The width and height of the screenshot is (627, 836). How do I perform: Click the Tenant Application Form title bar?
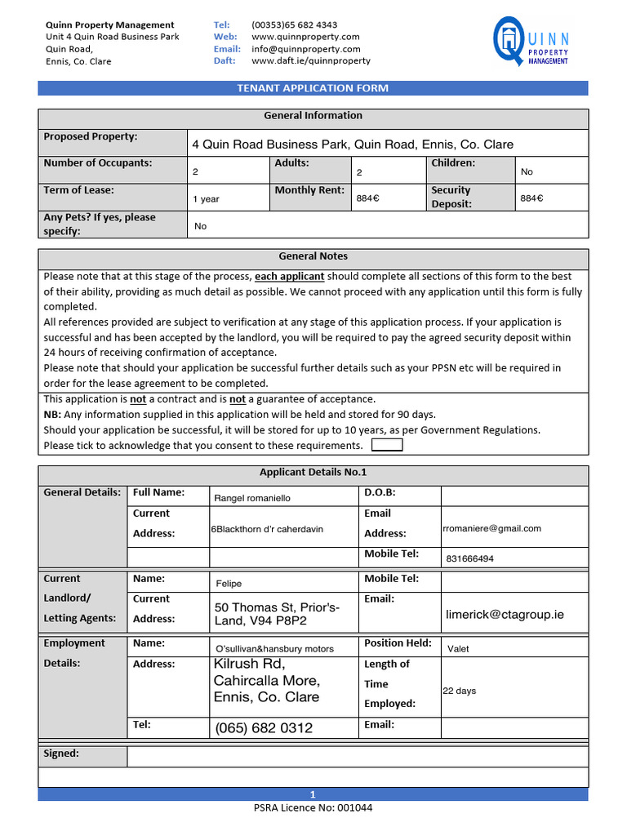[313, 88]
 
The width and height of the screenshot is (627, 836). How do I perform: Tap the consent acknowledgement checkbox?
[386, 445]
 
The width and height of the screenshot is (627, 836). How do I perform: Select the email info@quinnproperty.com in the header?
[305, 49]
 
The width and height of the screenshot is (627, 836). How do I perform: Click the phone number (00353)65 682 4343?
[294, 25]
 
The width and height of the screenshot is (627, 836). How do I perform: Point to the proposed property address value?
[352, 145]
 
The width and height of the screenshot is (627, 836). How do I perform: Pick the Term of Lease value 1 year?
[206, 198]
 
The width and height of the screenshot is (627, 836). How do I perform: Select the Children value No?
[527, 172]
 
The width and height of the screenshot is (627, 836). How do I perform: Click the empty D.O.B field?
[514, 496]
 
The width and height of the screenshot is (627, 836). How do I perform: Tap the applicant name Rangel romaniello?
[251, 498]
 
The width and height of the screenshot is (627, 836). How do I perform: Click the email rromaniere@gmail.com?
[491, 528]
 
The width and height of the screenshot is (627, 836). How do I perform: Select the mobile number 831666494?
[469, 558]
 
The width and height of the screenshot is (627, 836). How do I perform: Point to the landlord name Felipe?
[229, 584]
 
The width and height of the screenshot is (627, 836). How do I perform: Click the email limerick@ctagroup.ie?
[505, 614]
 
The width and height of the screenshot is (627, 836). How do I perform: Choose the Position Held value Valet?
[458, 649]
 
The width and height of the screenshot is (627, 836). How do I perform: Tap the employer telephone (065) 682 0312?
[263, 728]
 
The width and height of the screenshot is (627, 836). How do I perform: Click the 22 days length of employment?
[459, 691]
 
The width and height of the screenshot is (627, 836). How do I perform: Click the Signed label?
[61, 754]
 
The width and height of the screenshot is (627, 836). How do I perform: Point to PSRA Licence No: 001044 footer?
[313, 808]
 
